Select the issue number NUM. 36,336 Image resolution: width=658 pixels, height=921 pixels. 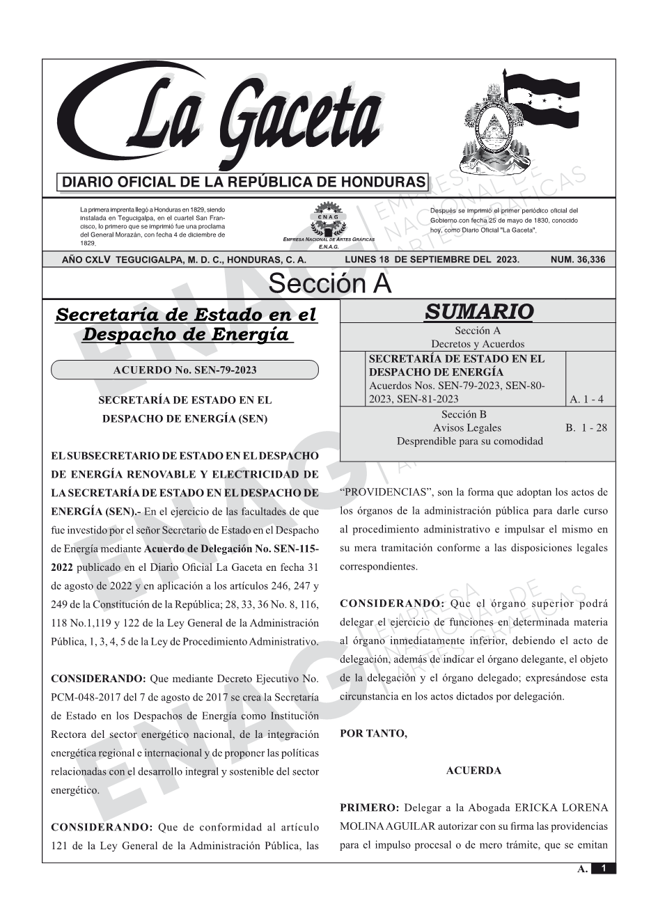click(x=577, y=260)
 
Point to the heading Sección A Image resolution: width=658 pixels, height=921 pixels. click(x=329, y=284)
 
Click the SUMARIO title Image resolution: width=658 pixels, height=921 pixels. click(x=478, y=311)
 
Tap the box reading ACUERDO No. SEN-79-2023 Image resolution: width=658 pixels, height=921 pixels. click(x=185, y=370)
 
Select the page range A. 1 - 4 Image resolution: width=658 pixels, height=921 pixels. click(x=586, y=399)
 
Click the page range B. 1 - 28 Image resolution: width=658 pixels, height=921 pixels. click(x=586, y=427)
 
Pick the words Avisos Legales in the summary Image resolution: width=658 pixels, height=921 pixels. click(x=467, y=427)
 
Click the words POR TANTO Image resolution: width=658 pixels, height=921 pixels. click(x=373, y=733)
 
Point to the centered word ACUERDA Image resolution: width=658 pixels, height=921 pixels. click(x=473, y=771)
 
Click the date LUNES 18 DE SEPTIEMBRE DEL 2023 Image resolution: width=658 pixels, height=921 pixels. click(x=432, y=260)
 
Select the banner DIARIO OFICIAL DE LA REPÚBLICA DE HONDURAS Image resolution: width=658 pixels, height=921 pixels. click(x=244, y=182)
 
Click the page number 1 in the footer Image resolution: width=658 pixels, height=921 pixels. click(x=604, y=868)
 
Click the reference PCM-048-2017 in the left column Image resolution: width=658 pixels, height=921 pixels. click(x=81, y=697)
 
